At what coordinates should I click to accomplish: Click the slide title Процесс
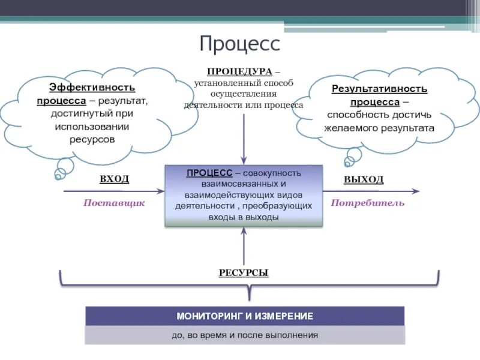[x=239, y=43]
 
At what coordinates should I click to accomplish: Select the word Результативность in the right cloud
[x=379, y=89]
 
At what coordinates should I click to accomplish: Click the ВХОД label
[x=114, y=179]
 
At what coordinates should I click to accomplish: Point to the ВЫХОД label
[x=364, y=179]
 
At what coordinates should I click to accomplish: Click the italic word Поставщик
[x=114, y=203]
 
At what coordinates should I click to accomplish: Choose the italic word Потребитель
[x=368, y=203]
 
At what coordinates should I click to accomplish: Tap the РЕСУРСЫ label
[x=244, y=273]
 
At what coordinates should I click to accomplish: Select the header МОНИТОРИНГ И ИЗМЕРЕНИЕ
[x=245, y=316]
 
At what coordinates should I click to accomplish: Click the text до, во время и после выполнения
[x=245, y=335]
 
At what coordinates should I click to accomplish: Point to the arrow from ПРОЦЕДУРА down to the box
[x=244, y=138]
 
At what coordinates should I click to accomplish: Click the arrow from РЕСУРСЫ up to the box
[x=244, y=246]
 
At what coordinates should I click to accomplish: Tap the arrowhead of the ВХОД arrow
[x=160, y=191]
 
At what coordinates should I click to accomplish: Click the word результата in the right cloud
[x=407, y=128]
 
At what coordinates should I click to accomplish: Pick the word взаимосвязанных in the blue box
[x=243, y=184]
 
